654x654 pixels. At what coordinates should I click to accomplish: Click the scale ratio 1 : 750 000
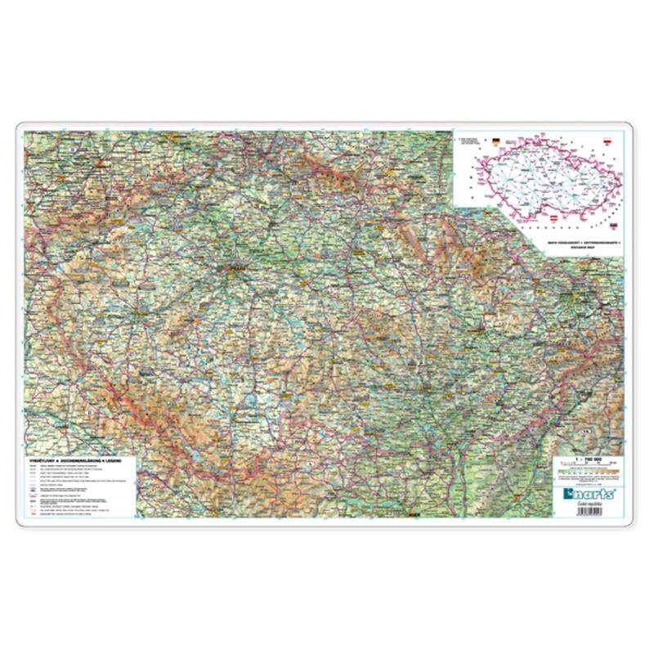(585, 459)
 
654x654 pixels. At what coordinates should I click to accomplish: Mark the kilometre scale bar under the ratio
(585, 467)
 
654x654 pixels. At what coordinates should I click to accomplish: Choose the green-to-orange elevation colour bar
(585, 473)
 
